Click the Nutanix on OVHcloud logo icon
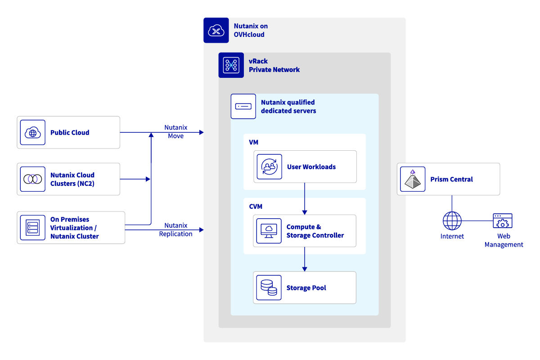tap(216, 30)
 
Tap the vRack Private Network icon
tap(231, 65)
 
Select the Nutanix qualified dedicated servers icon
tap(243, 106)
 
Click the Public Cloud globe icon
tap(33, 132)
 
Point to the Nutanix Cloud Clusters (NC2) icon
tap(33, 179)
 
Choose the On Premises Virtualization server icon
tap(33, 228)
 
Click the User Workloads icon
tap(269, 166)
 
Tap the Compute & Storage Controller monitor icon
tap(269, 231)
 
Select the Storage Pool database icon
tap(269, 288)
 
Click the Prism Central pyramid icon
tap(413, 179)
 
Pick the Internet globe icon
tap(452, 221)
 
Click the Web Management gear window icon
tap(503, 221)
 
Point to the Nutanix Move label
tap(175, 132)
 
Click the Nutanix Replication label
tap(175, 229)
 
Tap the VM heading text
tap(254, 142)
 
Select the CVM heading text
tap(256, 207)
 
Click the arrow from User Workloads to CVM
tap(305, 198)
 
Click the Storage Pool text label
tap(306, 288)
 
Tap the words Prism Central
tap(451, 179)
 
